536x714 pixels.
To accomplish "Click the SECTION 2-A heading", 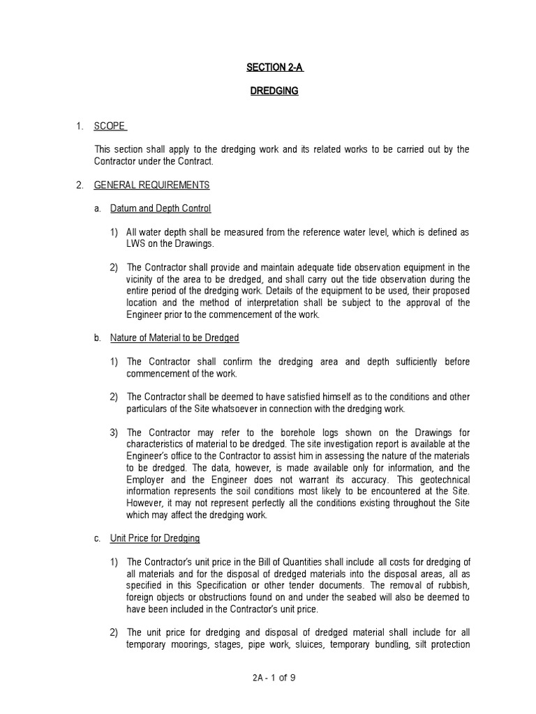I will click(x=274, y=68).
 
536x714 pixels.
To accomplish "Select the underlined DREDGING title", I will click(x=274, y=91).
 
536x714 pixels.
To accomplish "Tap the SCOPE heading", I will click(x=110, y=126).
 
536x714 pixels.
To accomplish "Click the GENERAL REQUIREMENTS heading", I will click(x=151, y=185).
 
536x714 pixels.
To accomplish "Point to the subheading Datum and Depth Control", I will click(x=161, y=208).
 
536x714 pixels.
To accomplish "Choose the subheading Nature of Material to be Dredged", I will click(x=174, y=338).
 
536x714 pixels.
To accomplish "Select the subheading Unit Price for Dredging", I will click(x=155, y=538).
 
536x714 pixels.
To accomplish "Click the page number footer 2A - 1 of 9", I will click(x=274, y=677).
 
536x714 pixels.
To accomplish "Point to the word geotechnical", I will click(x=445, y=480).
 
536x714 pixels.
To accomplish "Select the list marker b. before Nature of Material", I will click(x=98, y=338).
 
